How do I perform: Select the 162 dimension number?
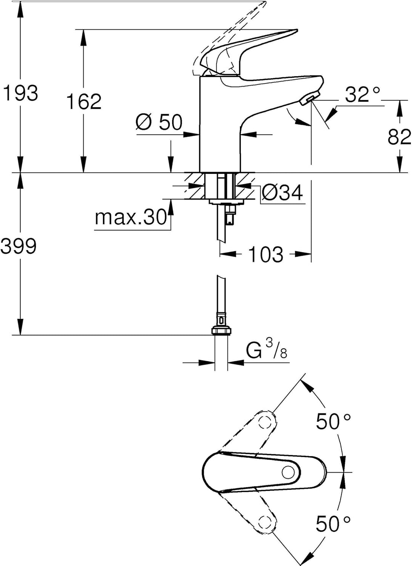click(84, 101)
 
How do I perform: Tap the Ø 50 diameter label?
click(159, 122)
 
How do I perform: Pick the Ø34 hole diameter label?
click(282, 193)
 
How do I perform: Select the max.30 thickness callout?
click(130, 217)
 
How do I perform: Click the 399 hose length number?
click(18, 246)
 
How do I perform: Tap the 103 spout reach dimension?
click(266, 254)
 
